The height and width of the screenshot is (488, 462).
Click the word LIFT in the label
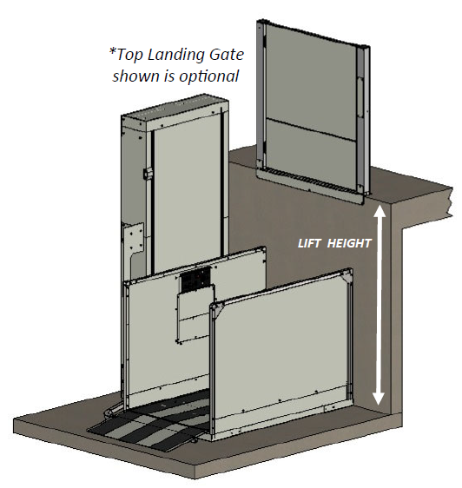[308, 243]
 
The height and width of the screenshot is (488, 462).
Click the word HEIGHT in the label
[350, 243]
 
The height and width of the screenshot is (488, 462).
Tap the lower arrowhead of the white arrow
[379, 398]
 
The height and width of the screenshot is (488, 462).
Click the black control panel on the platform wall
[195, 281]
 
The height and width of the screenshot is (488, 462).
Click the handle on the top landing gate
[360, 97]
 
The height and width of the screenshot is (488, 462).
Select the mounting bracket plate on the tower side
[135, 236]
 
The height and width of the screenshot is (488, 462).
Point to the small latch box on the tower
[147, 174]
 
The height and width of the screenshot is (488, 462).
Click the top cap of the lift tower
[175, 109]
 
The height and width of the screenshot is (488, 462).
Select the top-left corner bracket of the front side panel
[218, 310]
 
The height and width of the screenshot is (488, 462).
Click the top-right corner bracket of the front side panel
[346, 276]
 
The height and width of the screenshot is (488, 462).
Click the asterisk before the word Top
[113, 51]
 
